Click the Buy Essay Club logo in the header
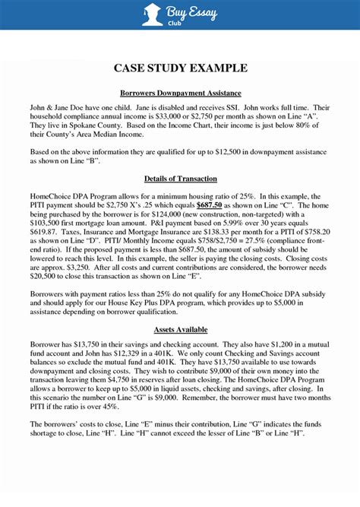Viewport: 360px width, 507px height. [x=180, y=14]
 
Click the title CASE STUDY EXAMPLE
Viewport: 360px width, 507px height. [x=180, y=68]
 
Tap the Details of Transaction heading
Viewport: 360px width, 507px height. [x=180, y=179]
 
